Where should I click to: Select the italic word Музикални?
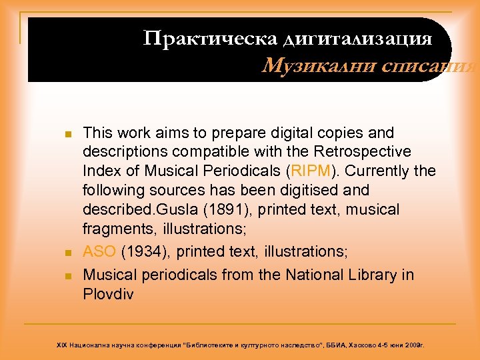coord(307,67)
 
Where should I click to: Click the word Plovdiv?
coord(108,294)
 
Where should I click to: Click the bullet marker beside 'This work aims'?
coord(67,134)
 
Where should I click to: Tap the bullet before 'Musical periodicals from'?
coord(67,275)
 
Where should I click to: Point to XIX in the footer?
coord(61,345)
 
